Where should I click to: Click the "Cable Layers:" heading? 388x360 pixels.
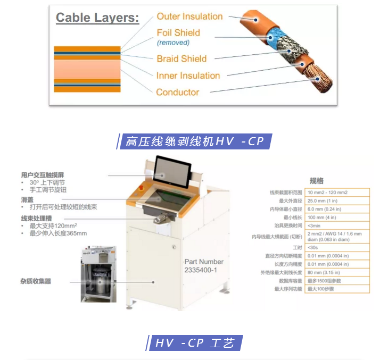(97, 18)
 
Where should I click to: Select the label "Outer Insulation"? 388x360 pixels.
(189, 16)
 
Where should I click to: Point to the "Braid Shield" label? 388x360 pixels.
(181, 58)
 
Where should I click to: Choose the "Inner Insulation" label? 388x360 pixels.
(188, 76)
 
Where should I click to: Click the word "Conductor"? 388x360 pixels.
(177, 92)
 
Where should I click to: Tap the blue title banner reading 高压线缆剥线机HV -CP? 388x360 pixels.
(194, 141)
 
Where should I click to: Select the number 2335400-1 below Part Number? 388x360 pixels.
(203, 270)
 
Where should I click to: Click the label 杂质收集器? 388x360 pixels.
(36, 280)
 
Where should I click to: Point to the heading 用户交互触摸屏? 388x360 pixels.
(46, 174)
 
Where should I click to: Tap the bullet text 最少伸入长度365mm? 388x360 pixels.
(58, 233)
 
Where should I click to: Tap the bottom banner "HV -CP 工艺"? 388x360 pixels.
(194, 342)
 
